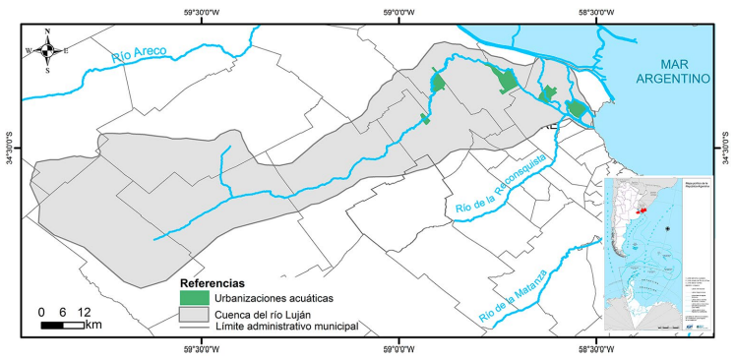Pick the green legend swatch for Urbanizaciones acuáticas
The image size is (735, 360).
[x=195, y=297]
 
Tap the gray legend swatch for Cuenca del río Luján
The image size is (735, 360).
[x=195, y=313]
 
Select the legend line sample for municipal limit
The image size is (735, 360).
[x=195, y=327]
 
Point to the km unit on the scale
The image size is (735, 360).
[x=94, y=325]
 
